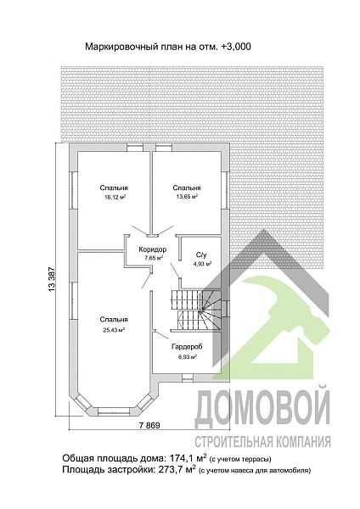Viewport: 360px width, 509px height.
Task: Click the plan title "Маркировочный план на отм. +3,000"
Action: click(167, 48)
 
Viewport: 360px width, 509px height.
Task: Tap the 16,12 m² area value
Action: click(114, 196)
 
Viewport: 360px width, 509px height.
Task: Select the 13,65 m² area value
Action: click(186, 196)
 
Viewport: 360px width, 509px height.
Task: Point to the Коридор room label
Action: click(153, 249)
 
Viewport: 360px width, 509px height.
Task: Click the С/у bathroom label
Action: click(201, 255)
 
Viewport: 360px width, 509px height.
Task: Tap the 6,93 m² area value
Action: click(186, 357)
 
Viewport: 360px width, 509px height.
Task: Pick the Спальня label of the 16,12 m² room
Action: click(114, 187)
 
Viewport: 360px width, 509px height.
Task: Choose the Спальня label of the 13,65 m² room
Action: click(186, 187)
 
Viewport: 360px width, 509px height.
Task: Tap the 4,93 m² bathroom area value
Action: click(201, 264)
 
